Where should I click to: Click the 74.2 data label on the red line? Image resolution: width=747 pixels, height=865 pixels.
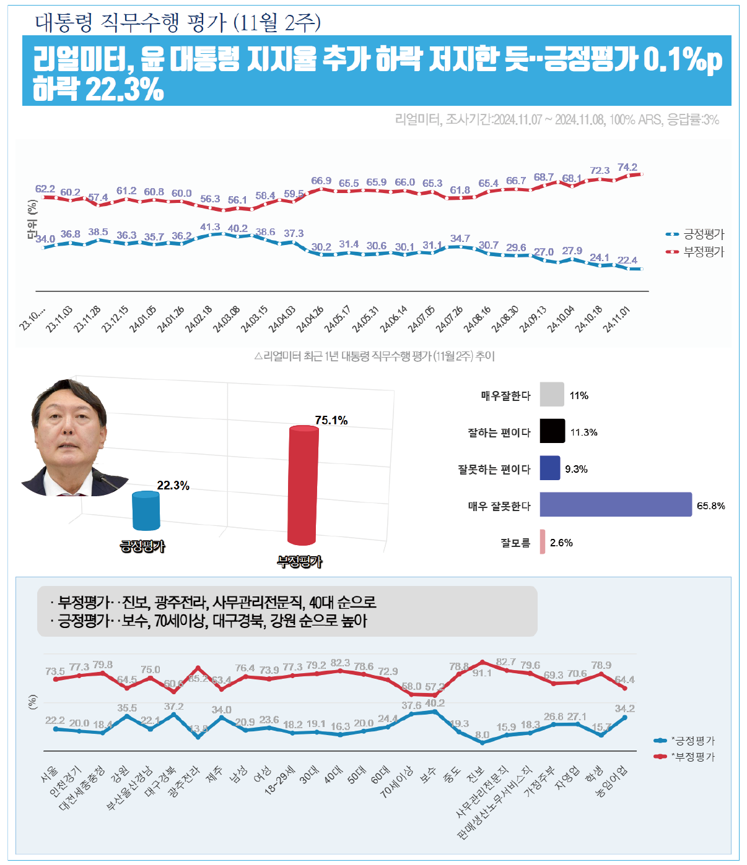click(x=627, y=167)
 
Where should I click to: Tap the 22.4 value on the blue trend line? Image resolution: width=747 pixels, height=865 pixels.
click(x=627, y=260)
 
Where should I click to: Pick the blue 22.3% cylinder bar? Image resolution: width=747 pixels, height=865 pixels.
click(x=146, y=510)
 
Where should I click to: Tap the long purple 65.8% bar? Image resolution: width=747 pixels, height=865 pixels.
click(x=615, y=504)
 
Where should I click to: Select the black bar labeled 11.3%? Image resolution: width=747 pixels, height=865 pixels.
click(x=552, y=431)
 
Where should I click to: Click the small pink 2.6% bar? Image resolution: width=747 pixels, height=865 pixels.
click(x=543, y=542)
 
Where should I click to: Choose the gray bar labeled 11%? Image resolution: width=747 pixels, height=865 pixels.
click(x=551, y=395)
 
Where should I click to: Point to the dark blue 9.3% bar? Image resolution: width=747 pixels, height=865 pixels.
click(x=549, y=468)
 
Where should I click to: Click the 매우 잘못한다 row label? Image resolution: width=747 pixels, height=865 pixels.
click(x=499, y=506)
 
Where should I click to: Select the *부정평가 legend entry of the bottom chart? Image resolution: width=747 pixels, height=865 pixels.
click(x=692, y=757)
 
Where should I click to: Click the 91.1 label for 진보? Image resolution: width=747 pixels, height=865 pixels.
click(x=482, y=673)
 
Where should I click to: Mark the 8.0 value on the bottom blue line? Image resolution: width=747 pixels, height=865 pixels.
click(x=482, y=734)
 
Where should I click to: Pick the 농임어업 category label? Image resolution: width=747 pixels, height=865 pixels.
click(x=612, y=781)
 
